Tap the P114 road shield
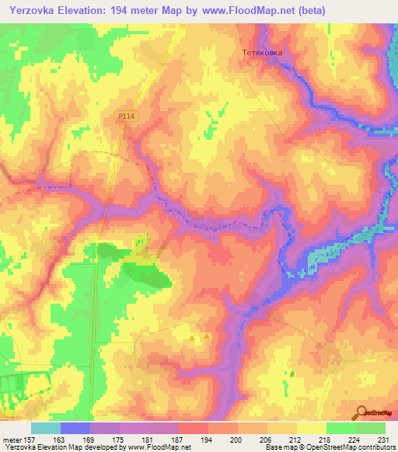[x=126, y=116]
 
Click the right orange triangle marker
[x=207, y=337]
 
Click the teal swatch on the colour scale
[x=46, y=428]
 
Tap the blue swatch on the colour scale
[x=75, y=428]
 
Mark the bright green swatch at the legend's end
[x=371, y=428]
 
